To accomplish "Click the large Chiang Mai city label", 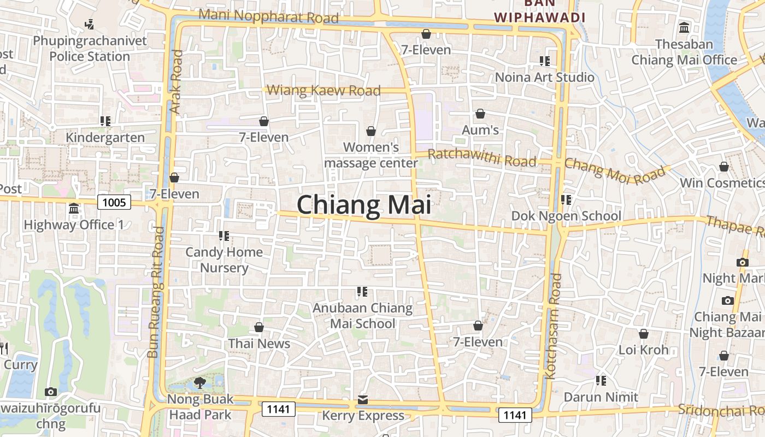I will coord(364,205).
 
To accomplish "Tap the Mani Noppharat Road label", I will coord(268,16).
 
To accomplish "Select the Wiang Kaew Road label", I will coord(323,90).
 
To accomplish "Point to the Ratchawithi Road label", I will coord(481,158).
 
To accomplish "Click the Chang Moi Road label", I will coord(615,170).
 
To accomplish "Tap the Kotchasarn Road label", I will coord(554,327).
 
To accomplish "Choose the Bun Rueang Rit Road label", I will coord(156,292).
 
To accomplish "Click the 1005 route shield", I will coord(114,203).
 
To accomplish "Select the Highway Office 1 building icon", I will coord(74,209).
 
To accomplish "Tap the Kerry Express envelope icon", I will coord(363,400).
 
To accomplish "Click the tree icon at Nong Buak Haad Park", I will coord(200,383).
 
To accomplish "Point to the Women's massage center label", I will coord(371,155).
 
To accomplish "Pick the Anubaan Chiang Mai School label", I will coord(362,316).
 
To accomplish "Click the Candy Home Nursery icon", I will coord(223,236).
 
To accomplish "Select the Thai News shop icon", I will coord(259,327).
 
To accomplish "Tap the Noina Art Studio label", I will coord(544,77).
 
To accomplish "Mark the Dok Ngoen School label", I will coord(566,216).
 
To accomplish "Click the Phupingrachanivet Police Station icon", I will coord(90,24).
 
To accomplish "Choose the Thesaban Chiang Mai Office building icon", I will coord(684,27).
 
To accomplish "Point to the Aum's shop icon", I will coord(480,114).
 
